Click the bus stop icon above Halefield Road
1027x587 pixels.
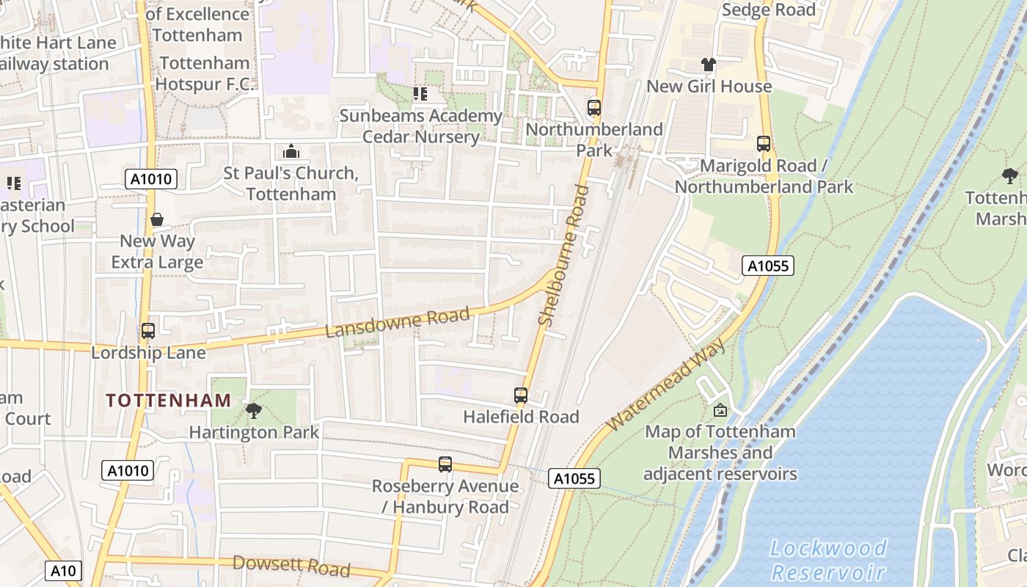tap(521, 395)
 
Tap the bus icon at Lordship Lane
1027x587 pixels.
tap(148, 331)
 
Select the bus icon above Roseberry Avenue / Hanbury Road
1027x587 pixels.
tap(445, 464)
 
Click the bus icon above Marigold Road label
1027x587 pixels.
tap(764, 144)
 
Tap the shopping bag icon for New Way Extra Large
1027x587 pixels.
tap(157, 219)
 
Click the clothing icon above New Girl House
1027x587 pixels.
tap(708, 65)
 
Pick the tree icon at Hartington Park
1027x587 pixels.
tap(254, 410)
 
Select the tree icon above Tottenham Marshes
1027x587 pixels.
tap(1010, 175)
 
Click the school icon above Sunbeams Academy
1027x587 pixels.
tap(420, 94)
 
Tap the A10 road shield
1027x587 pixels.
tap(63, 570)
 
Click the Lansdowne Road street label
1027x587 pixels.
tap(397, 324)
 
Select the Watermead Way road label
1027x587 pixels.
tap(665, 384)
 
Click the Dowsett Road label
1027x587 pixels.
tap(291, 566)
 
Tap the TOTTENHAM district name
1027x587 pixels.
tap(169, 401)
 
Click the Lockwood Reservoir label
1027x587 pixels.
tap(829, 560)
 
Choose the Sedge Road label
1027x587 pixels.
tap(769, 10)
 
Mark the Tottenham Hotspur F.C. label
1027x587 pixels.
tap(205, 73)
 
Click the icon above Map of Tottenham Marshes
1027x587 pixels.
tap(720, 410)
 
